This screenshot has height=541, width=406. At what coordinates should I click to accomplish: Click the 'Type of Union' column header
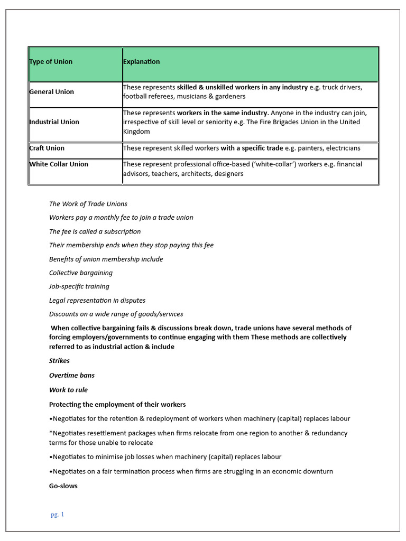pyautogui.click(x=51, y=62)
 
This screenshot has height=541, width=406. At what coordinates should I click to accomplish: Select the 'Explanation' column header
pyautogui.click(x=141, y=62)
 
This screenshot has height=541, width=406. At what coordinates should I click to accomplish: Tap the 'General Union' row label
pyautogui.click(x=52, y=92)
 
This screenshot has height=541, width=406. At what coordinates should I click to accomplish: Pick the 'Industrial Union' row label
pyautogui.click(x=54, y=122)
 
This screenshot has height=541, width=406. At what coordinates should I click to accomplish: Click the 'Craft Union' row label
pyautogui.click(x=47, y=148)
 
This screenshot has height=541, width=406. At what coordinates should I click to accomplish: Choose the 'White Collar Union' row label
pyautogui.click(x=59, y=164)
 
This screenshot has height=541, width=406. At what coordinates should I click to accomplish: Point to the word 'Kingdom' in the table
pyautogui.click(x=136, y=132)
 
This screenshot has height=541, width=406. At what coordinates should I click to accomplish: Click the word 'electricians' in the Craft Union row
pyautogui.click(x=342, y=148)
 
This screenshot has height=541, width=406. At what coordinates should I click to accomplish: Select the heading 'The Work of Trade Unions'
pyautogui.click(x=88, y=204)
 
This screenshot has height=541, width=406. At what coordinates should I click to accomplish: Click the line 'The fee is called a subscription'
pyautogui.click(x=95, y=231)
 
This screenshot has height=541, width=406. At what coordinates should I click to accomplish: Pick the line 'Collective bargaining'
pyautogui.click(x=81, y=273)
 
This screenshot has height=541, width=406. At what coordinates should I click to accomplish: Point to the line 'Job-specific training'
pyautogui.click(x=79, y=286)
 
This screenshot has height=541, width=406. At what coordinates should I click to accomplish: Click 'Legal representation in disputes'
pyautogui.click(x=97, y=300)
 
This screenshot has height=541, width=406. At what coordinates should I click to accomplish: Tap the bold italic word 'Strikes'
pyautogui.click(x=59, y=361)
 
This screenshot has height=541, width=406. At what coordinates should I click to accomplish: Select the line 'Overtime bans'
pyautogui.click(x=72, y=376)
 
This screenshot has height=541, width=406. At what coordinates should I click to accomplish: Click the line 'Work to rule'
pyautogui.click(x=68, y=390)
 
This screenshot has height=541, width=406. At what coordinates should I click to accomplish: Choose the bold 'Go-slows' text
pyautogui.click(x=63, y=486)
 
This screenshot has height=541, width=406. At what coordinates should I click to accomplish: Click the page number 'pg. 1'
pyautogui.click(x=57, y=515)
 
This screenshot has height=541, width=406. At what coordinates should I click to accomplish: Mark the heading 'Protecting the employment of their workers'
pyautogui.click(x=117, y=405)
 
